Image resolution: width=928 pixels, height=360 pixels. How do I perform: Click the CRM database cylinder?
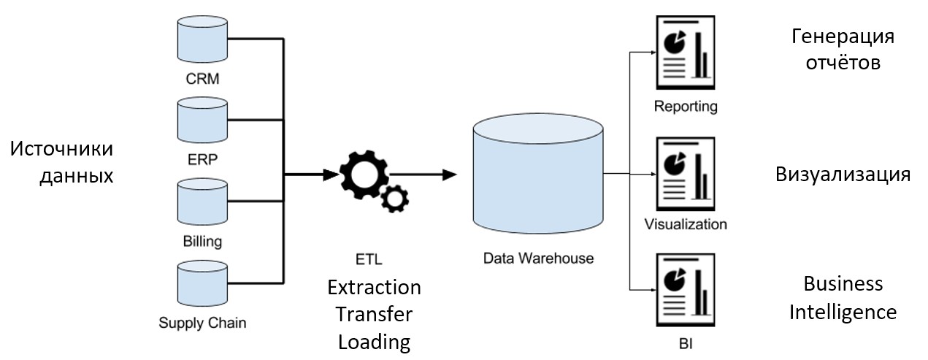click(202, 40)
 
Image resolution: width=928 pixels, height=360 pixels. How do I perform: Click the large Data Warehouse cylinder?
click(537, 174)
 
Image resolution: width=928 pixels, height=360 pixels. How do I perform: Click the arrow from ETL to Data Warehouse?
click(423, 175)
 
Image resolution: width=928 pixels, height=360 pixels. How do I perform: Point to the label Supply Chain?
click(202, 322)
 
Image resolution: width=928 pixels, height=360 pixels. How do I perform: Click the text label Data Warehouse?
click(538, 258)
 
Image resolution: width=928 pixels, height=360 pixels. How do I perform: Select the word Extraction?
click(374, 287)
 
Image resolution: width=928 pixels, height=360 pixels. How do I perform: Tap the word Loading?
click(373, 342)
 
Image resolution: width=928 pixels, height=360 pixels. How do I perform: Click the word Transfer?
click(373, 314)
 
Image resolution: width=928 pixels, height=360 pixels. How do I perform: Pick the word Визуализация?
click(843, 175)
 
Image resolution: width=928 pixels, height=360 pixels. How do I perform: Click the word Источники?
click(62, 149)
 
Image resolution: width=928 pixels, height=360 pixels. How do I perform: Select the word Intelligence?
click(843, 313)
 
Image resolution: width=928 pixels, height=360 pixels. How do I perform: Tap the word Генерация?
click(843, 37)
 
